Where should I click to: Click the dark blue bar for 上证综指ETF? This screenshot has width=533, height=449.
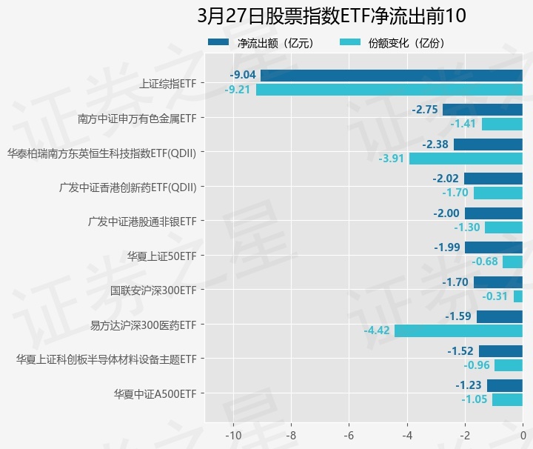[x=391, y=75]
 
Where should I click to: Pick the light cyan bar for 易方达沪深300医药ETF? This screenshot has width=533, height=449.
[x=458, y=330]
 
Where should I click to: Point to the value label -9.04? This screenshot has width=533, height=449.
[x=243, y=75]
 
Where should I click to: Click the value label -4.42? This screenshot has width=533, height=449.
[x=377, y=330]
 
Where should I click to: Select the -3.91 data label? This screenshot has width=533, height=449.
[x=392, y=159]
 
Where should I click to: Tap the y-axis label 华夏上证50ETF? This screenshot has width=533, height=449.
[x=161, y=256]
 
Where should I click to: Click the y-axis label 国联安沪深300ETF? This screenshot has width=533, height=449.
[x=153, y=290]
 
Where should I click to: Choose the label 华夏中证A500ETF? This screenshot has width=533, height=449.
[x=155, y=393]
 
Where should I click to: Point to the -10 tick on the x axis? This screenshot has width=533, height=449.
[x=233, y=434]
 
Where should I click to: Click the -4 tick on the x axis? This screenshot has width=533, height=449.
[x=407, y=434]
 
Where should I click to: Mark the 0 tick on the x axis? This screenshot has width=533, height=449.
[x=523, y=434]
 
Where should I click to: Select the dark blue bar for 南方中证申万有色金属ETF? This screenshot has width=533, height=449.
[x=483, y=110]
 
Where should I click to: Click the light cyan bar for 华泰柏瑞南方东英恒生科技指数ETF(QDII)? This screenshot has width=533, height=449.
[x=466, y=159]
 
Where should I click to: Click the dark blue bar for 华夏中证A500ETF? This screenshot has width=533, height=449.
[x=505, y=385]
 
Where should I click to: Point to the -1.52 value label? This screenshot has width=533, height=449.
[x=461, y=351]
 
